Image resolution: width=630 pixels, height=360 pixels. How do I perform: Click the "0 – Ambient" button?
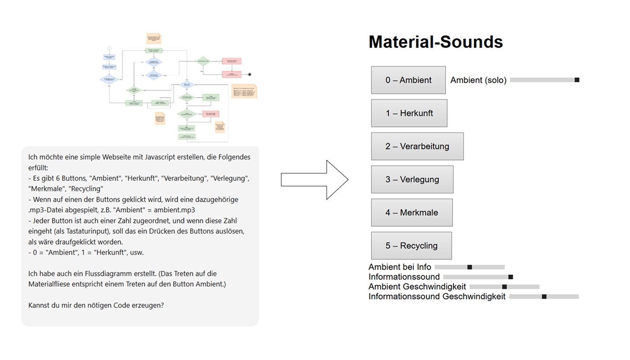pyautogui.click(x=408, y=80)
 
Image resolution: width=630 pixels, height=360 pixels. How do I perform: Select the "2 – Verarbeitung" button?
pyautogui.click(x=417, y=146)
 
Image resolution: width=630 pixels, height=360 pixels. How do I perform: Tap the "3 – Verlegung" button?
pyautogui.click(x=412, y=180)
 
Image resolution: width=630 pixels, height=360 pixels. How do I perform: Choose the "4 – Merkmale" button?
pyautogui.click(x=411, y=212)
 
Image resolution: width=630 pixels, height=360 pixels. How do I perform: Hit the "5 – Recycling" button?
pyautogui.click(x=411, y=246)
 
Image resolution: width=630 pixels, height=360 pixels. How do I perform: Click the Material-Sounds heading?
pyautogui.click(x=436, y=42)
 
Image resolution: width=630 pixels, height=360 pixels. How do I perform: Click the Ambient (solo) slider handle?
pyautogui.click(x=577, y=80)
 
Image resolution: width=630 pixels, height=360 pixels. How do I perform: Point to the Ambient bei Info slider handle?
pyautogui.click(x=470, y=267)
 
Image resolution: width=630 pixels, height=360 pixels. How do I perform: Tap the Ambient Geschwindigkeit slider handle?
pyautogui.click(x=504, y=287)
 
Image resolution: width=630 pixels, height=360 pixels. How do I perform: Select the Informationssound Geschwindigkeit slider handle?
pyautogui.click(x=544, y=297)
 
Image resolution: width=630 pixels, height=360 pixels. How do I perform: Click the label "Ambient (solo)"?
pyautogui.click(x=478, y=80)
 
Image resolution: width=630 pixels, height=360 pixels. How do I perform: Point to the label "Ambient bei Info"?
pyautogui.click(x=400, y=267)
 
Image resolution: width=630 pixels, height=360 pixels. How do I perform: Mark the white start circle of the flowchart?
pyautogui.click(x=109, y=48)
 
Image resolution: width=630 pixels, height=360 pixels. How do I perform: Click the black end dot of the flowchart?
pyautogui.click(x=250, y=74)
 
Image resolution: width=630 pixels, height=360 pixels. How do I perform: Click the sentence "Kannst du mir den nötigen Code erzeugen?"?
pyautogui.click(x=96, y=305)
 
